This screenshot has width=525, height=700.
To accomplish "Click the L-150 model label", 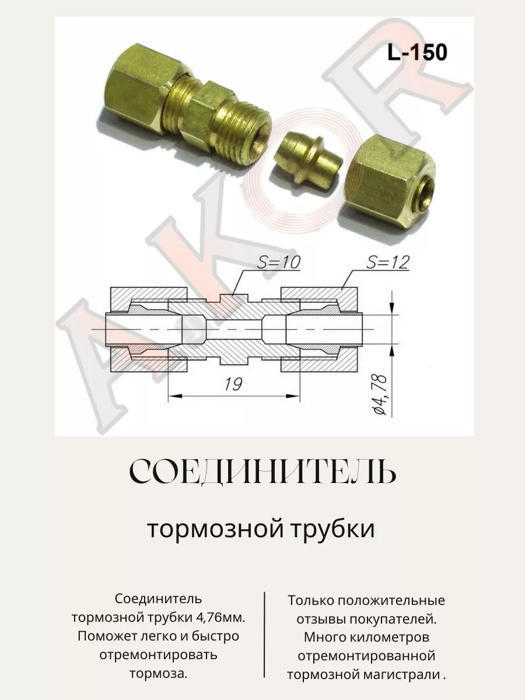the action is [417, 52].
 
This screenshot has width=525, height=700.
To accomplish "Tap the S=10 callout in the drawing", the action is [279, 262].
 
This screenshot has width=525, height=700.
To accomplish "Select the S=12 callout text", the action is [387, 262].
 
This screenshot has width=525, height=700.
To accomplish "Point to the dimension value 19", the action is [233, 384].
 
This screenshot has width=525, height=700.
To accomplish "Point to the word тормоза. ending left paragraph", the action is [158, 674].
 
